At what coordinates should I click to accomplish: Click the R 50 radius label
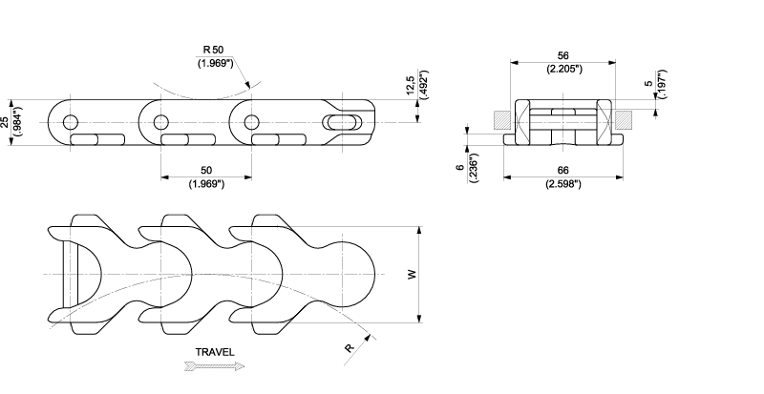213,50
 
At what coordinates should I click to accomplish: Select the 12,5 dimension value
411,85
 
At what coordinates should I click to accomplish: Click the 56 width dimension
562,56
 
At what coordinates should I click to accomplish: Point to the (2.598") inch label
563,184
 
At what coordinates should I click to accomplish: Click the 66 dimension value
563,171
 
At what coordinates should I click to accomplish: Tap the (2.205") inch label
564,69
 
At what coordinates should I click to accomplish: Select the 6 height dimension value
460,168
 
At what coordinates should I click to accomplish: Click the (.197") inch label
662,84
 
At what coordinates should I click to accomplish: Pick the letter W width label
413,275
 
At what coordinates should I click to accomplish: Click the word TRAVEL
215,352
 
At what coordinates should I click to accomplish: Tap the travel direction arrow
215,366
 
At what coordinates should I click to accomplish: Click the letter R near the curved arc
349,348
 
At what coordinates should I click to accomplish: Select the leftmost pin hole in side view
71,122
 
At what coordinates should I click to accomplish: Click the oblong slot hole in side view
342,122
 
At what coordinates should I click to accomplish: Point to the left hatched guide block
502,120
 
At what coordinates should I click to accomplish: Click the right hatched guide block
624,120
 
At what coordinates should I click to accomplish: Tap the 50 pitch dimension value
206,171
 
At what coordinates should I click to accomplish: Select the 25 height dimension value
5,123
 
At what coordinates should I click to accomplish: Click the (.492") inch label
424,85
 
